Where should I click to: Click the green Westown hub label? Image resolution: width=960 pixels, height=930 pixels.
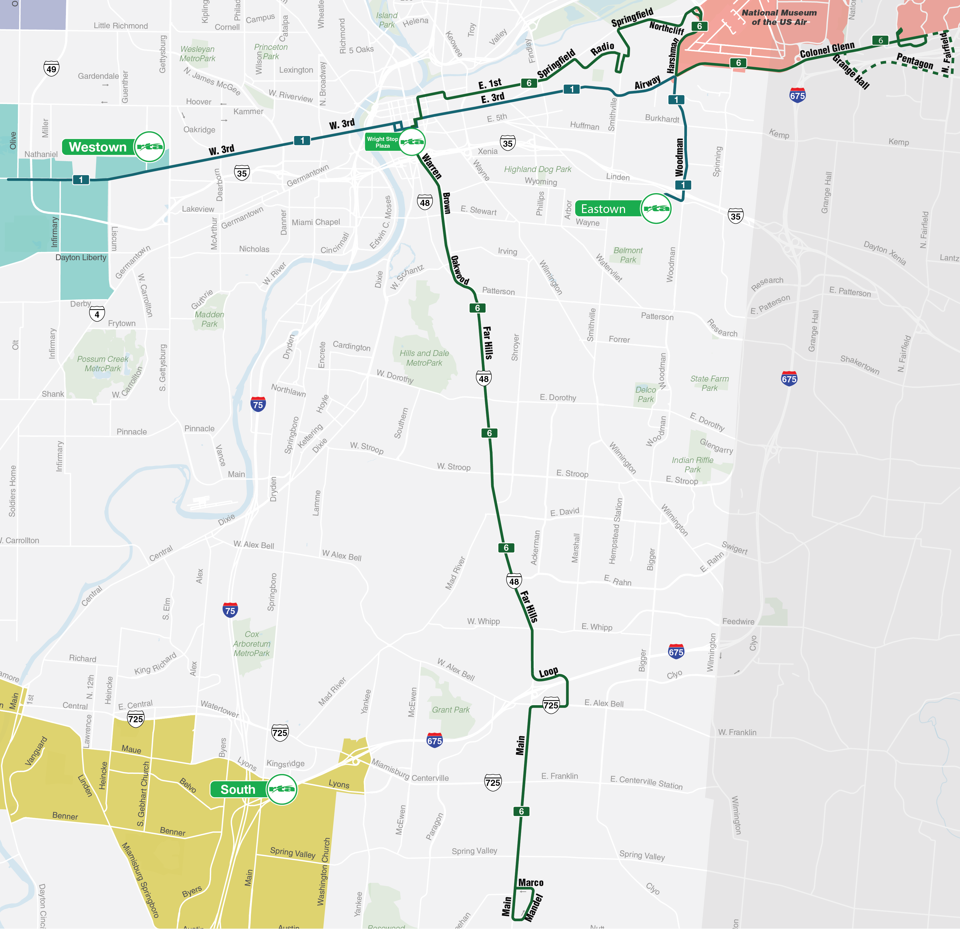click(x=98, y=147)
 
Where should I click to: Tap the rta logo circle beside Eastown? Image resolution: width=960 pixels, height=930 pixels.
click(x=656, y=209)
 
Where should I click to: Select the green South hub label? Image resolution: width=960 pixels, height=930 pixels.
click(x=238, y=789)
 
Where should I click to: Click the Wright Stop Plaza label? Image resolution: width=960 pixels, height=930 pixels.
click(x=382, y=142)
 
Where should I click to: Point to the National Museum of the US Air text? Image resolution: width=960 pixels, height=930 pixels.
click(x=779, y=17)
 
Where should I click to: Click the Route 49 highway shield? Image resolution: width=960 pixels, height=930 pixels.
click(x=52, y=69)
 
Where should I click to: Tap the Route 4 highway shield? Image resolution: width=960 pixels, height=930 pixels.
click(x=97, y=314)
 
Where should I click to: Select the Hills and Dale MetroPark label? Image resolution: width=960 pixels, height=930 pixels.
click(x=424, y=358)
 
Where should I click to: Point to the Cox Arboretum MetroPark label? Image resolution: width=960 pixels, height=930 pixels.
click(x=252, y=643)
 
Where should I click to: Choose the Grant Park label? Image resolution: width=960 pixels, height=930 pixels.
click(x=451, y=710)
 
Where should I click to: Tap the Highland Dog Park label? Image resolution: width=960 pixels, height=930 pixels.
click(x=538, y=169)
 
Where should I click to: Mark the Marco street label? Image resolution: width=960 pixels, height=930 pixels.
click(x=531, y=883)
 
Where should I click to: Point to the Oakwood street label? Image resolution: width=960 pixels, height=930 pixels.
click(x=459, y=270)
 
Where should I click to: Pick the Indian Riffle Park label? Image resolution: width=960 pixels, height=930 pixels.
click(x=692, y=464)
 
